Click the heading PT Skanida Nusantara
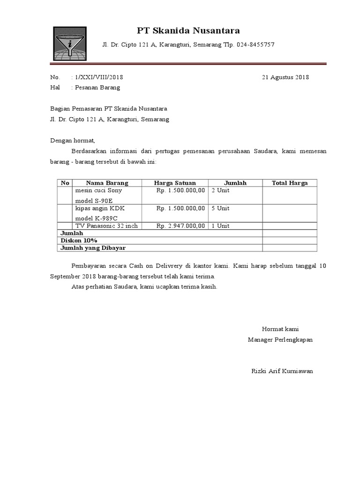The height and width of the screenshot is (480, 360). pyautogui.click(x=188, y=31)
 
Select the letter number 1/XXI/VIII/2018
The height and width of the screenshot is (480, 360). pyautogui.click(x=98, y=77)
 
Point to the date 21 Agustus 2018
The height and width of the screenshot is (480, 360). pyautogui.click(x=285, y=77)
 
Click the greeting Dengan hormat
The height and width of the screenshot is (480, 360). pyautogui.click(x=73, y=140)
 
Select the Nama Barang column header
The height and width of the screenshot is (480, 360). pyautogui.click(x=107, y=183)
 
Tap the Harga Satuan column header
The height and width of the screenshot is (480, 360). pyautogui.click(x=175, y=183)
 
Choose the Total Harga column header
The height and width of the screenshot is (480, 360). pyautogui.click(x=290, y=183)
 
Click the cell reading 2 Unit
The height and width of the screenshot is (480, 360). pyautogui.click(x=220, y=191)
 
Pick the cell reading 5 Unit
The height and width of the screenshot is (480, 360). pyautogui.click(x=220, y=208)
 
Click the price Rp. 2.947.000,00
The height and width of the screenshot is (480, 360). pyautogui.click(x=180, y=226)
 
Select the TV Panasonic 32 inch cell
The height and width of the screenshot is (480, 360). pyautogui.click(x=106, y=226)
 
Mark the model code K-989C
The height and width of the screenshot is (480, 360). pyautogui.click(x=106, y=218)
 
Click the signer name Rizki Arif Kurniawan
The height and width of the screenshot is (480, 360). pyautogui.click(x=282, y=371)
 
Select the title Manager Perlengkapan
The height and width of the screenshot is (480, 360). pyautogui.click(x=280, y=339)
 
